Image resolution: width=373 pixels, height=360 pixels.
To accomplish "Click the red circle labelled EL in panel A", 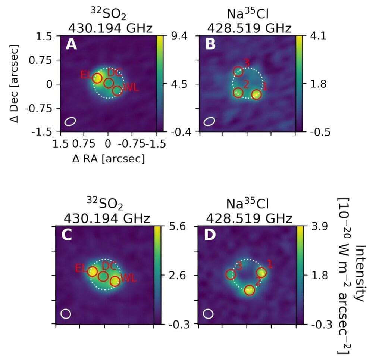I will point(97,78).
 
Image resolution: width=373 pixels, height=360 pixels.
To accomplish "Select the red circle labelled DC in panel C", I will point(103,276).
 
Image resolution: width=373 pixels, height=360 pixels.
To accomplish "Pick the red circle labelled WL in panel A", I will point(117,90).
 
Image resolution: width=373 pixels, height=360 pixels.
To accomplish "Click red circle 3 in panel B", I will point(238,71).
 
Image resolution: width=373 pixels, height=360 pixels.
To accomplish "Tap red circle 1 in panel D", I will point(261,273).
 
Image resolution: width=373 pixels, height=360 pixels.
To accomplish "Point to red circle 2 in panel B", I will point(238,92).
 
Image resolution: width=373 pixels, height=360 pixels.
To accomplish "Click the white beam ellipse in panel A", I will point(70,121).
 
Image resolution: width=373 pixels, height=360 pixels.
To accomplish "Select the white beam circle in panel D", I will point(209,314).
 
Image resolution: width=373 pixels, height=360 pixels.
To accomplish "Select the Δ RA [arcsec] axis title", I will point(108,159).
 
